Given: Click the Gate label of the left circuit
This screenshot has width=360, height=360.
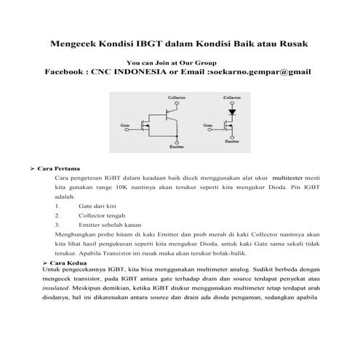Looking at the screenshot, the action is [x=124, y=125].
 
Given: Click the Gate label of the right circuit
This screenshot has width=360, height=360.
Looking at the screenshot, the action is [x=208, y=125].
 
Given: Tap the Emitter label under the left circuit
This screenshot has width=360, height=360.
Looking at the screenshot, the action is [x=176, y=147].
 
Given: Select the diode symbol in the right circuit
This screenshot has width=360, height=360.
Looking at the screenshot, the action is [x=232, y=112].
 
